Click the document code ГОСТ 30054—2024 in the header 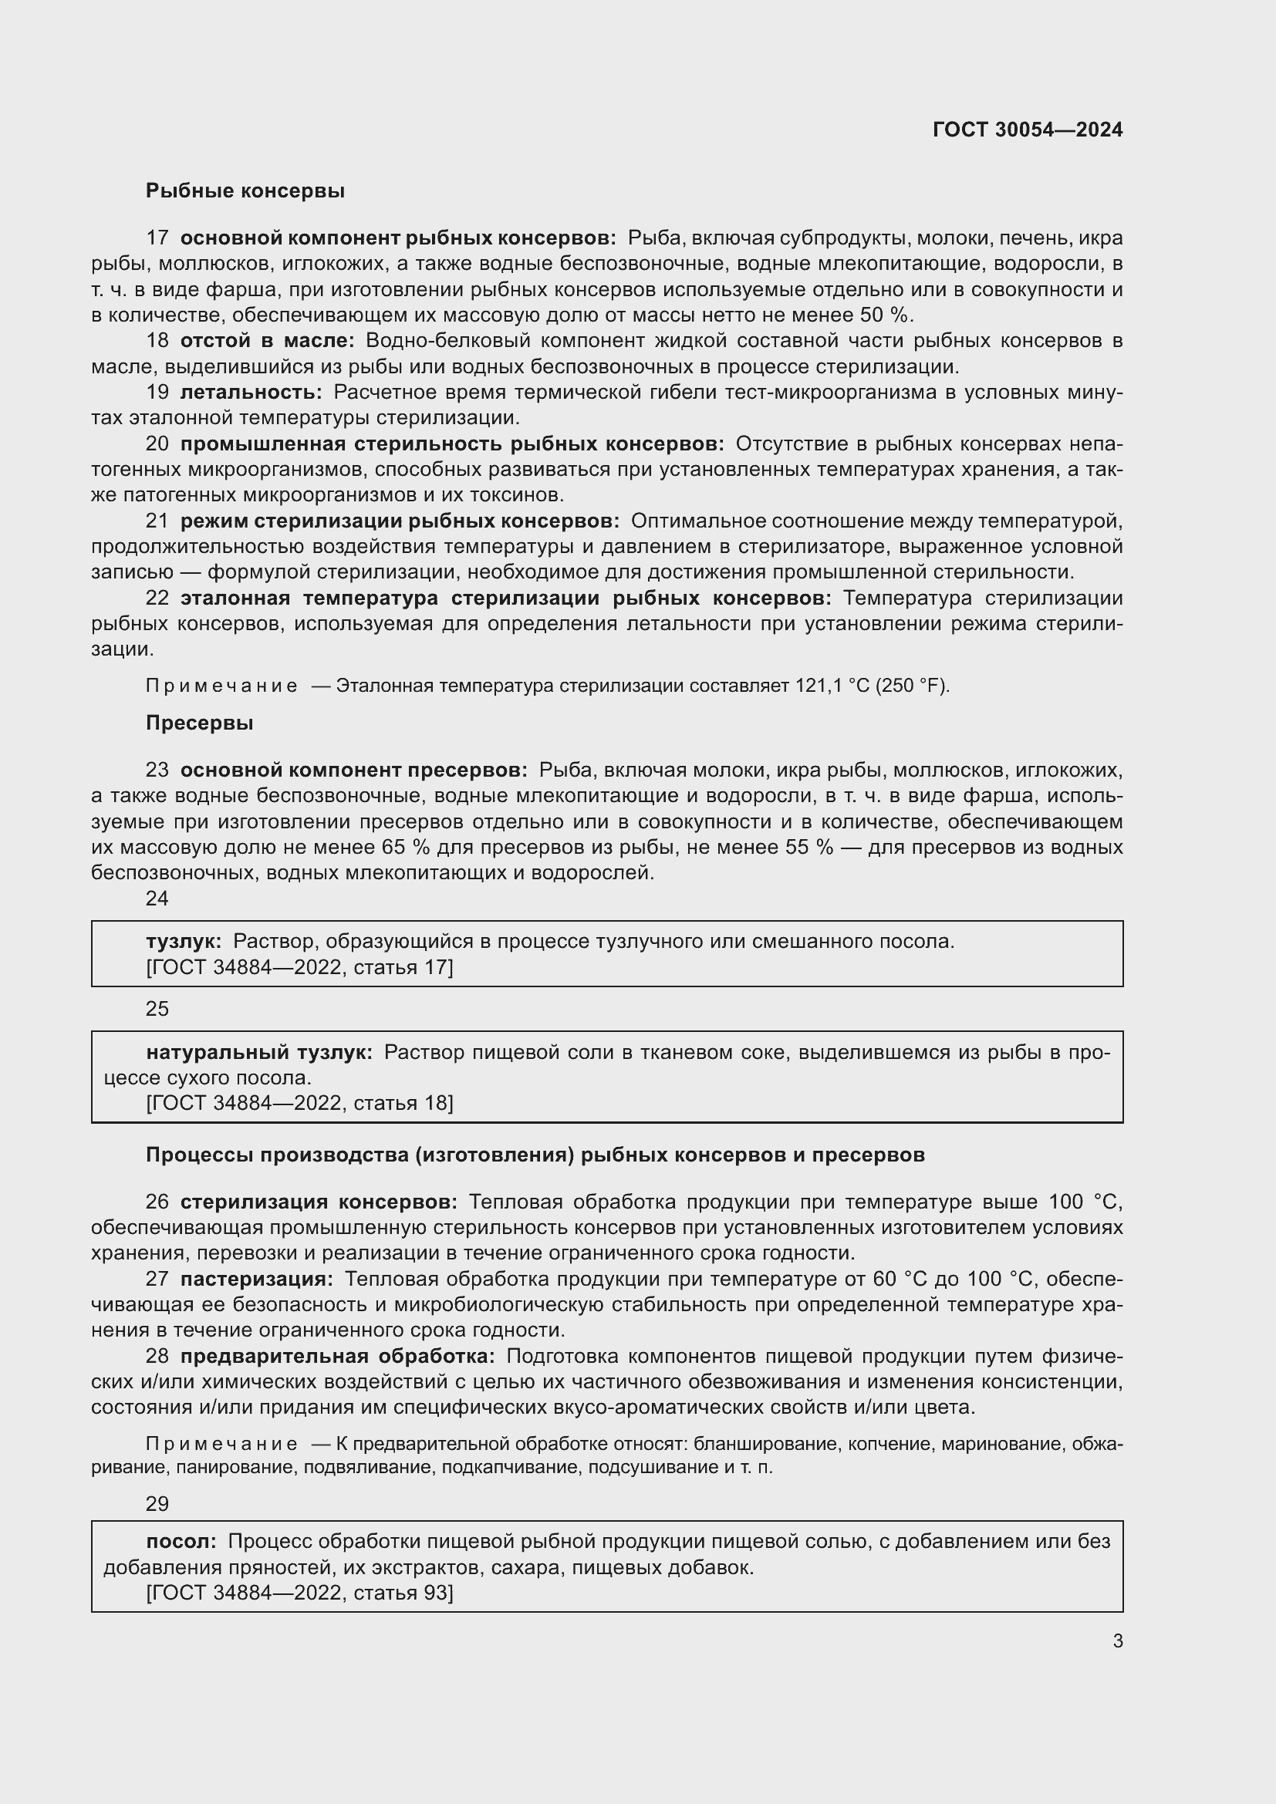1027,130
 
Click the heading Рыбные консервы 245,191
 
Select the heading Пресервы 200,723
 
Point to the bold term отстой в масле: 267,340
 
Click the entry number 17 157,238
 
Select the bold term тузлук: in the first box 184,941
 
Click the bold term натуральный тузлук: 259,1052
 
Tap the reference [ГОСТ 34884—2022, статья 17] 299,967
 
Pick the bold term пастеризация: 256,1279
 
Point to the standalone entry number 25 157,1009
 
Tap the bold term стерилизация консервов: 318,1202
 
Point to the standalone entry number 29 157,1504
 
